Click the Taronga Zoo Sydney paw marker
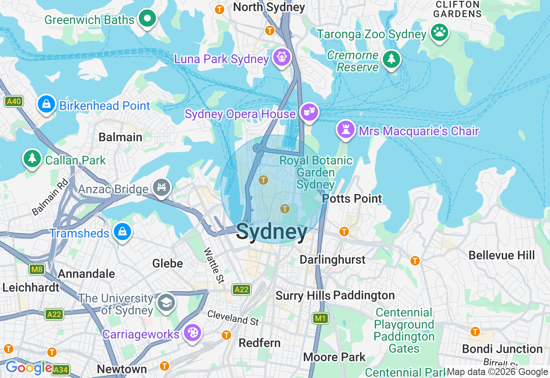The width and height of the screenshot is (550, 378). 439,33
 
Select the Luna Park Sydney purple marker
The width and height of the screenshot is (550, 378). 282,58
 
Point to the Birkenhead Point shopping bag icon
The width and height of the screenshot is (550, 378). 46,104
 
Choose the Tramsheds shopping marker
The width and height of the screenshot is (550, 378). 122,232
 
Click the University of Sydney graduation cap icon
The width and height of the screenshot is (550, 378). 166,302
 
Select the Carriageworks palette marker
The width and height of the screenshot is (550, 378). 192,333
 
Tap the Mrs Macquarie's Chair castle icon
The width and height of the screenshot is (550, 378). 345,129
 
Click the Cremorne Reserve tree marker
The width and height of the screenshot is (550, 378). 391,60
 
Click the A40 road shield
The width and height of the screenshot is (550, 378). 14,102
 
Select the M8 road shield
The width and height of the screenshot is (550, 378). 37,269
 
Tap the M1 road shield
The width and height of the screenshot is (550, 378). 320,318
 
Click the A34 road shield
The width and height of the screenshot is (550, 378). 61,369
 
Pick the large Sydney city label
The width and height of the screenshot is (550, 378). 272,232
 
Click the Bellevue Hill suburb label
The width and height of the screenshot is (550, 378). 501,255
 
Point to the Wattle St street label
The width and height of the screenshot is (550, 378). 214,265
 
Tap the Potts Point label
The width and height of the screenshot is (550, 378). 352,199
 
